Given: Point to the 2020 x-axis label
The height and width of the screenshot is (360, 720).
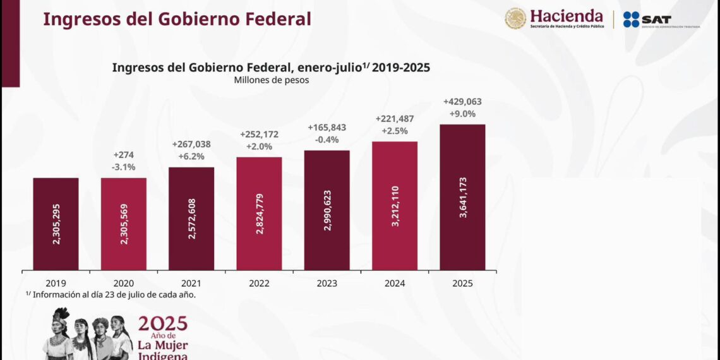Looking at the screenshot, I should [123, 284].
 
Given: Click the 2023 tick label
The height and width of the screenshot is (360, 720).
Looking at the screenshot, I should [327, 284].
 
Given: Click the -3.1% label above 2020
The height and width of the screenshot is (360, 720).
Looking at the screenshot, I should [124, 167].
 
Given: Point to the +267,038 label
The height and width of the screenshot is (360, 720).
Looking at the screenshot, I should [191, 144].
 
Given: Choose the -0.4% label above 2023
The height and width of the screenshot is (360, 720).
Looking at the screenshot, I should [327, 140].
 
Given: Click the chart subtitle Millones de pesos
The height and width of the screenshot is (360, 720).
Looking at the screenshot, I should [271, 80].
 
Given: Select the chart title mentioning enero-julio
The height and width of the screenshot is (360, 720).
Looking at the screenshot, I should [271, 68].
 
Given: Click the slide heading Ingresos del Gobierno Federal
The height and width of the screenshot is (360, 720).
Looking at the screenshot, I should [177, 19].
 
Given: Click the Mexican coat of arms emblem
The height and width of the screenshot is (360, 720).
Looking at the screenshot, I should [515, 18].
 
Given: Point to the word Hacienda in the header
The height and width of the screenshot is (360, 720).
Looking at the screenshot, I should [566, 16].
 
